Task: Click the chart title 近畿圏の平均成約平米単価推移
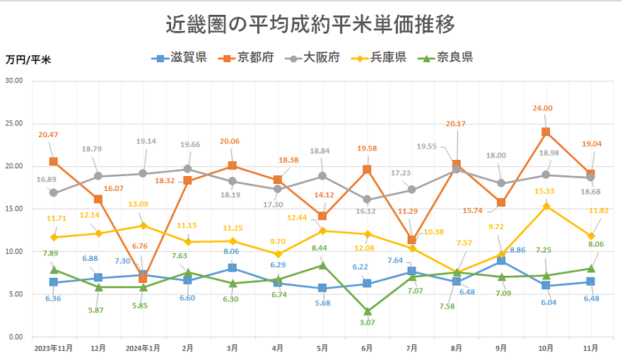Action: pyautogui.click(x=310, y=24)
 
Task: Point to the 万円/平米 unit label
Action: pyautogui.click(x=28, y=59)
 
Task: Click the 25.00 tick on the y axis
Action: pyautogui.click(x=13, y=124)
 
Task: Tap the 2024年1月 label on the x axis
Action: pyautogui.click(x=143, y=348)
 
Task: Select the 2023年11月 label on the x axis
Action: pyautogui.click(x=53, y=348)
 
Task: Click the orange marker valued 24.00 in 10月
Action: pyautogui.click(x=546, y=132)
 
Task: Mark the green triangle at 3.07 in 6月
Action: pyautogui.click(x=367, y=310)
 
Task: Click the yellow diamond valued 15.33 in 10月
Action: pyautogui.click(x=546, y=206)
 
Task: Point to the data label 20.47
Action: pyautogui.click(x=49, y=134)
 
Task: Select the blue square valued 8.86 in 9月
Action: pyautogui.click(x=501, y=261)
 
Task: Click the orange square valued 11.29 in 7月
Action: pyautogui.click(x=411, y=240)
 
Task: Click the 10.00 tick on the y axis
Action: pyautogui.click(x=13, y=252)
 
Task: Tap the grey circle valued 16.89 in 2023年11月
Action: pyautogui.click(x=54, y=192)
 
